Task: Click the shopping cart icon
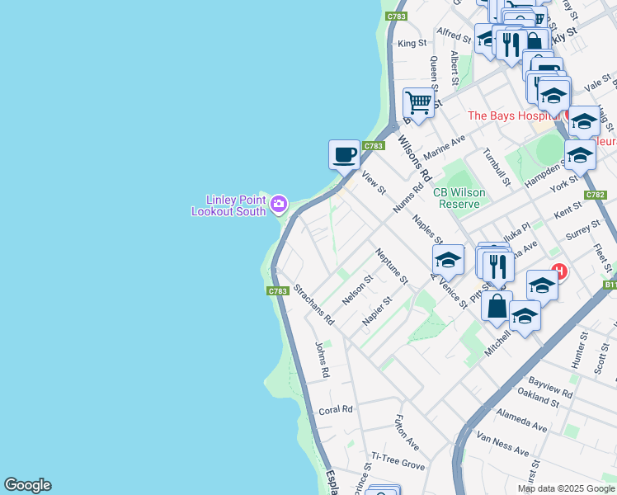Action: coord(419,104)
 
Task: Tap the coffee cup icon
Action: coord(344,154)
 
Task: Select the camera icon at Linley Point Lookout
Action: coord(279,203)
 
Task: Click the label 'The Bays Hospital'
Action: coord(515,115)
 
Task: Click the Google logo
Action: coord(27,485)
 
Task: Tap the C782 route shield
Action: coord(595,195)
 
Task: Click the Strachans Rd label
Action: coord(313,305)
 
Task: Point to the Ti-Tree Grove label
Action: coord(398,461)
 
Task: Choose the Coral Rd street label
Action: coord(336,409)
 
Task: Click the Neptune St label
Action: coord(391,266)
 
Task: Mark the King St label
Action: coord(412,43)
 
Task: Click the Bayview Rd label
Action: coord(550,387)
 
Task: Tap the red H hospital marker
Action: coord(559,271)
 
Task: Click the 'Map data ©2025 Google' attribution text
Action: coord(566,488)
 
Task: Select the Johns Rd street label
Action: coord(322,360)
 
